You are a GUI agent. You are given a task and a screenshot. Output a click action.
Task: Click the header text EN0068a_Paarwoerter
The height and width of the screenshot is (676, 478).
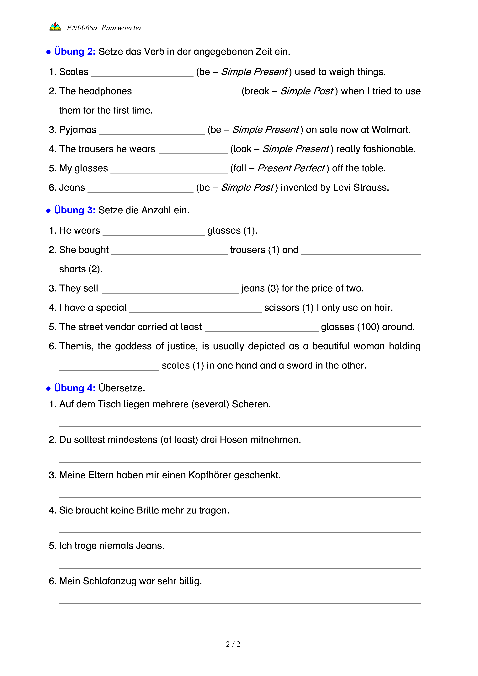104,28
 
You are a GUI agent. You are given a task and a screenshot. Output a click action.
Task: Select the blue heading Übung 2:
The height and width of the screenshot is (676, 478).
74,51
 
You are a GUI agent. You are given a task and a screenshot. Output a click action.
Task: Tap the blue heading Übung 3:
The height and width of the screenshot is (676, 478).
74,210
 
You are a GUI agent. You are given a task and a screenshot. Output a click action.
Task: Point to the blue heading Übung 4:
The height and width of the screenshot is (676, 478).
74,388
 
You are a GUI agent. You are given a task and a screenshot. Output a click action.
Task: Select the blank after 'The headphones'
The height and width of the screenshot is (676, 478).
188,93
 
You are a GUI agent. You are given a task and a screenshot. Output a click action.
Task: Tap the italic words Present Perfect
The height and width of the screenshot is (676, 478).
291,168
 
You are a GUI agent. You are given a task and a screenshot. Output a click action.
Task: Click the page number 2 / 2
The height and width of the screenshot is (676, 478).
233,644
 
